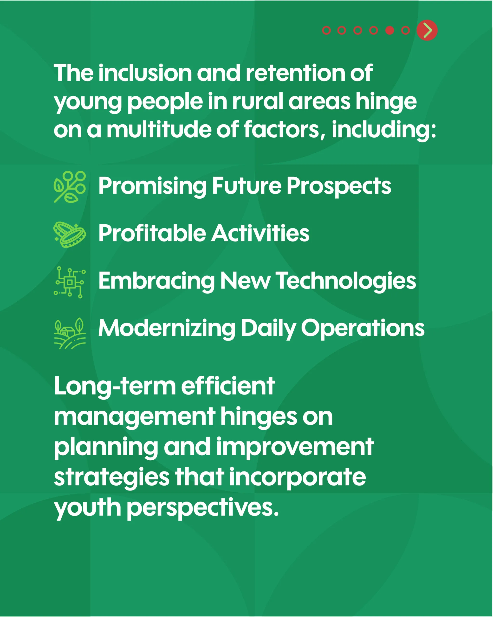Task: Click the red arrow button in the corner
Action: click(x=427, y=30)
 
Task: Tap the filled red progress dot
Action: click(x=389, y=30)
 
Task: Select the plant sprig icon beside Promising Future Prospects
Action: click(x=70, y=187)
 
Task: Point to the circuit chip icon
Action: click(x=70, y=282)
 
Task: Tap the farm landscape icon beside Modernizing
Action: click(x=70, y=333)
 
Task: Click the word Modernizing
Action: click(x=167, y=329)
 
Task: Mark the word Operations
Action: click(x=363, y=329)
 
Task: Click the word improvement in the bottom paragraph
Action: click(x=295, y=447)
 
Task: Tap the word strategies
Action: click(x=112, y=478)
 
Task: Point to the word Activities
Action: click(x=260, y=233)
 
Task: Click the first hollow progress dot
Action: click(x=326, y=30)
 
